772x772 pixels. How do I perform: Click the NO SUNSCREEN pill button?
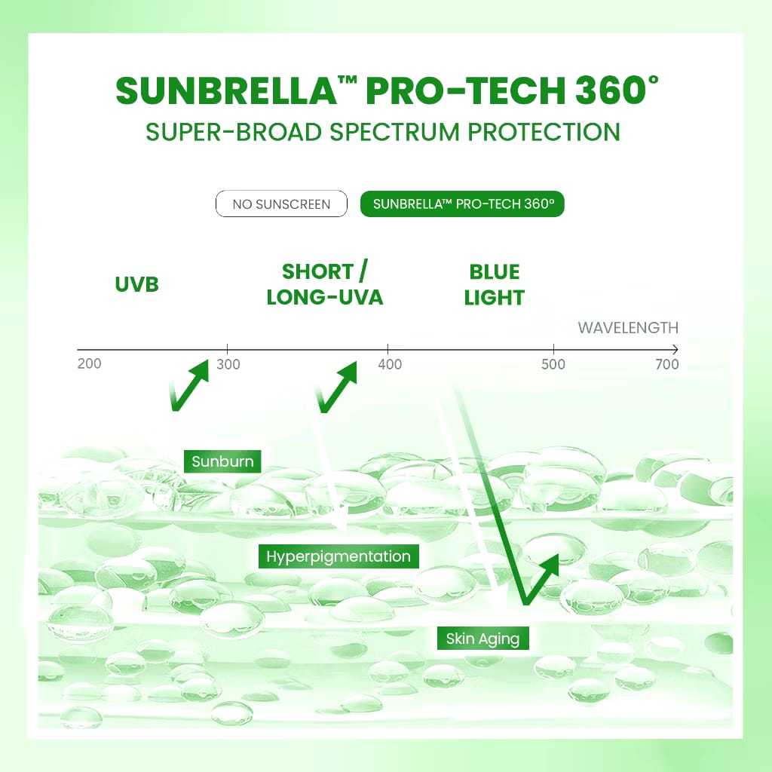click(281, 204)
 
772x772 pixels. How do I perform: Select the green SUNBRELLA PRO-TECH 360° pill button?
click(462, 204)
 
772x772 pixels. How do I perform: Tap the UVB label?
click(137, 284)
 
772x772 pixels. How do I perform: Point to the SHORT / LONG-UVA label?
click(325, 284)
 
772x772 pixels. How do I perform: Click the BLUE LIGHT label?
click(495, 284)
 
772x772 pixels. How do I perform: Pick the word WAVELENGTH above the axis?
click(628, 328)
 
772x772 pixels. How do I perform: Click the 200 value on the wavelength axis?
click(89, 364)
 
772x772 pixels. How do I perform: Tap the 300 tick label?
click(228, 364)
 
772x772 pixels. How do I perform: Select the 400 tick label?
click(390, 364)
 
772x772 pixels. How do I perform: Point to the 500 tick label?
click(553, 364)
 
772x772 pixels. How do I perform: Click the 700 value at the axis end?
click(667, 364)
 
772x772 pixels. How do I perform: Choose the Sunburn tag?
click(222, 461)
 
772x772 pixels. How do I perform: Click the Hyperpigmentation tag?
click(339, 556)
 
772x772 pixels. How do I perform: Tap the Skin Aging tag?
click(483, 639)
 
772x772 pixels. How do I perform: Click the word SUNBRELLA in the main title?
click(226, 90)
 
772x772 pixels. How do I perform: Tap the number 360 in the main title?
click(610, 90)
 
